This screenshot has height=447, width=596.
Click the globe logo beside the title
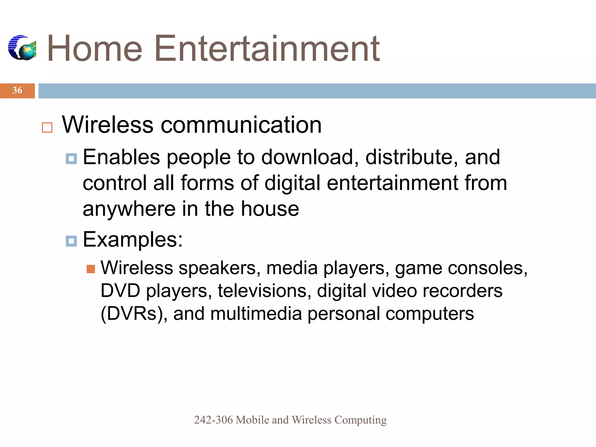tap(22, 48)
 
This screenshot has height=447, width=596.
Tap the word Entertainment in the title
tap(267, 49)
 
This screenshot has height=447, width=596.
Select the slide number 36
tap(17, 91)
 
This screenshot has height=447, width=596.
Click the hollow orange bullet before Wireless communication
tap(47, 127)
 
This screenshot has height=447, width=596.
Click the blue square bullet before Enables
tap(71, 159)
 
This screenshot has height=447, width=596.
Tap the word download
tap(310, 157)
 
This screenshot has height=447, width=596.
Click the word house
tap(270, 209)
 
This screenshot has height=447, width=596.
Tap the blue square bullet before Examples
tap(71, 241)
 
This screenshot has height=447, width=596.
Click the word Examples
tap(133, 240)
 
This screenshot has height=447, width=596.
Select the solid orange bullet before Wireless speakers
tap(91, 269)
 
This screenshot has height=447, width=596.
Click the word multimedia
tap(256, 314)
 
